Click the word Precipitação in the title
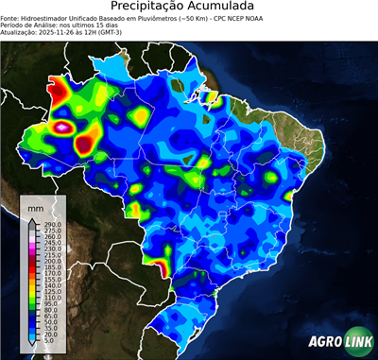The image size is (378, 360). point(154,8)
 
